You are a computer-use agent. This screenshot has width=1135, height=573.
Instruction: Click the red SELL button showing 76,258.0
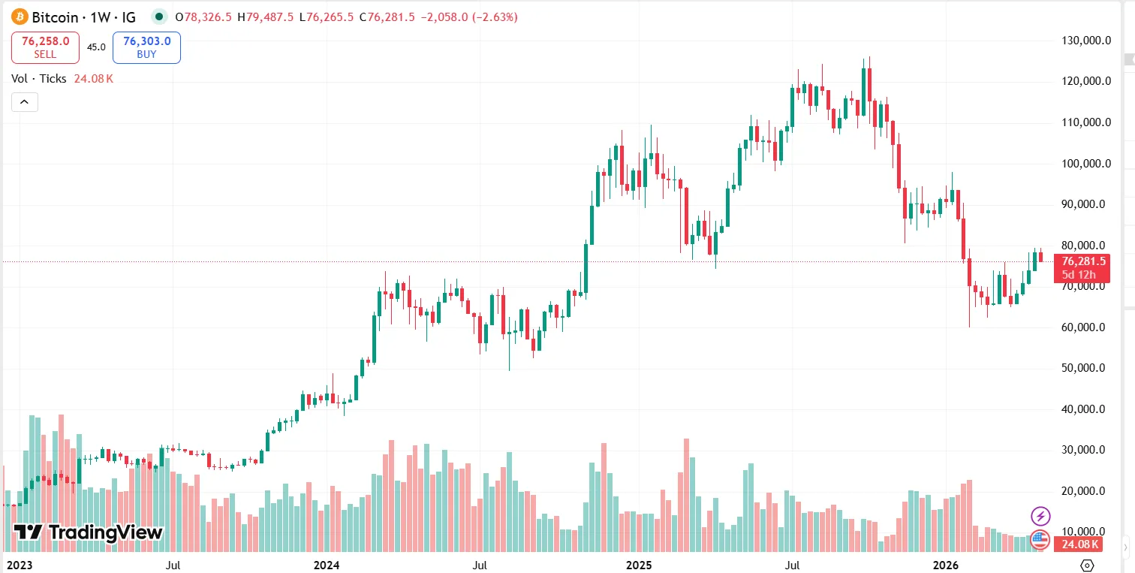click(45, 47)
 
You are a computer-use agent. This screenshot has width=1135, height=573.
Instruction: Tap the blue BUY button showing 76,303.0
click(146, 47)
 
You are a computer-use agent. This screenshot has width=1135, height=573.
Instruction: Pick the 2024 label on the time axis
click(326, 564)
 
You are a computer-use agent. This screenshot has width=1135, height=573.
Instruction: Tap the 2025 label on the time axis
click(638, 564)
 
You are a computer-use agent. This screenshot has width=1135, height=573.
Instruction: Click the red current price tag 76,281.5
click(1082, 261)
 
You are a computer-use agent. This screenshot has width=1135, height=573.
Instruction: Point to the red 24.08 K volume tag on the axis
click(1082, 544)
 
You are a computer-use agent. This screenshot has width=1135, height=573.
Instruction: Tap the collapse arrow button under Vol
click(25, 102)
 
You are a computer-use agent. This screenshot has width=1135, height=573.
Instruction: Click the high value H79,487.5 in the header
click(266, 17)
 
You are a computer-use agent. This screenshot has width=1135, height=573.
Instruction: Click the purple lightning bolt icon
click(1040, 516)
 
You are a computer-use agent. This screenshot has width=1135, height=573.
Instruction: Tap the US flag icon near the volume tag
click(1040, 538)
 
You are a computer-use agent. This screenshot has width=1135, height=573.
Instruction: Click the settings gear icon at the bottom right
click(1087, 565)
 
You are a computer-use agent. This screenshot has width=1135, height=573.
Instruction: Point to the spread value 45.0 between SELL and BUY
click(96, 47)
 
